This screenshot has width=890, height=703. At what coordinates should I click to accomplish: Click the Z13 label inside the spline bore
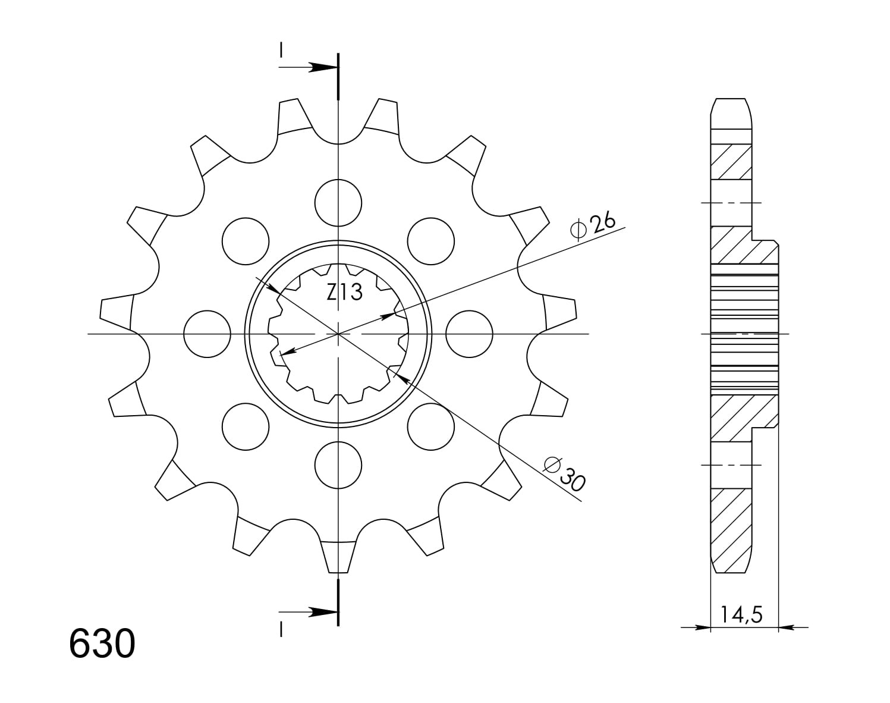[x=344, y=292]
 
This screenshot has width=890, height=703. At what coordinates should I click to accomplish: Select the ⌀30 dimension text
[x=565, y=473]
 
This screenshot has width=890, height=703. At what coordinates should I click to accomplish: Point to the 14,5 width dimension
[x=742, y=626]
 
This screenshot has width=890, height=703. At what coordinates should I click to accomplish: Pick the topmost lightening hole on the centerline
[x=338, y=203]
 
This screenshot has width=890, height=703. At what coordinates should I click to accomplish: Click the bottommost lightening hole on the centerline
[x=338, y=465]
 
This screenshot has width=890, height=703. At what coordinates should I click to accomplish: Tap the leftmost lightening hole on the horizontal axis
[x=207, y=334]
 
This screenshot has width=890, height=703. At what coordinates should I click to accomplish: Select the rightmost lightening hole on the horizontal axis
[x=470, y=334]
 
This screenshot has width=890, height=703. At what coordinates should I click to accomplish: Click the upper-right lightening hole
[x=430, y=241]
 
